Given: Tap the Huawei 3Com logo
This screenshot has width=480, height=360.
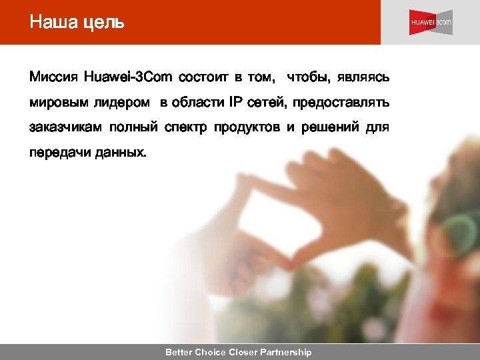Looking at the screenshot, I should (x=431, y=23).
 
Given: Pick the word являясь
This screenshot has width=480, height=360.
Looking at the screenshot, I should (x=363, y=78).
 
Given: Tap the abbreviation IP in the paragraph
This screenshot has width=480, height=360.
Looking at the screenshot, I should (x=236, y=103).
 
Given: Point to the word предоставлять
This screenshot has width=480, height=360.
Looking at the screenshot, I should (x=339, y=103).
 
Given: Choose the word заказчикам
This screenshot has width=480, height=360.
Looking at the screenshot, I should (x=67, y=127).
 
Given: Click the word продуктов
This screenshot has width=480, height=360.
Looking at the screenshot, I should (x=247, y=127).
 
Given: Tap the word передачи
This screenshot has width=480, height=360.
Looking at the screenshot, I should (x=56, y=153).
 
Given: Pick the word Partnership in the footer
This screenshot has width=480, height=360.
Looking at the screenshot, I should (x=285, y=352).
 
